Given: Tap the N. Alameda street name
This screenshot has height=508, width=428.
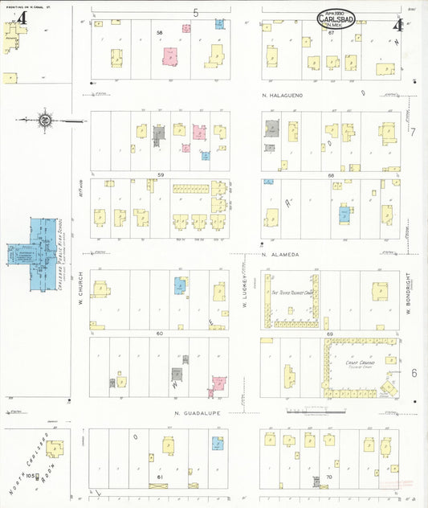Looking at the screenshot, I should pos(280,254).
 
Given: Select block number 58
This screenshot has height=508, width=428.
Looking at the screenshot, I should pos(160,33).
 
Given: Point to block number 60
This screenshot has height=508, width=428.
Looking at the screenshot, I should pos(160,333).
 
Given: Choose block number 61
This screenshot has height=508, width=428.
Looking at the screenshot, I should pos(160,477).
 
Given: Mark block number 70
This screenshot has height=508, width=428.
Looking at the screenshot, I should pos(328,476).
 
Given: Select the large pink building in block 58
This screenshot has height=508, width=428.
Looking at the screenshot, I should pos(171,57).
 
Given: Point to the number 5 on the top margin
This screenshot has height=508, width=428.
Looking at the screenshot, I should pos(195,13).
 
